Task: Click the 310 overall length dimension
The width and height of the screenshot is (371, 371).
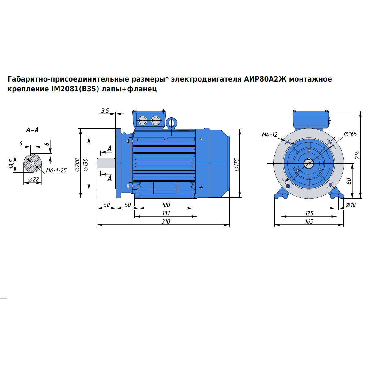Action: pos(166,221)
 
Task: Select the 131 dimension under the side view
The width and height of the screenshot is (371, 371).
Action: pos(166,213)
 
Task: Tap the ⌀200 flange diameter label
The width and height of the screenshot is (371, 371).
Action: pos(77,165)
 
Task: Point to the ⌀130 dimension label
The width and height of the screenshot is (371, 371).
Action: pos(86,165)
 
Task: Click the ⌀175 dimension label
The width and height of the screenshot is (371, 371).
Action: pos(236,165)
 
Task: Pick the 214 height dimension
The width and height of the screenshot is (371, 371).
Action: pos(357,155)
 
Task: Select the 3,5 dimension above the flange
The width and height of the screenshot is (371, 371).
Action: pos(105,110)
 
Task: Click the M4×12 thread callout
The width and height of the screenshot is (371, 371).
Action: pos(269,135)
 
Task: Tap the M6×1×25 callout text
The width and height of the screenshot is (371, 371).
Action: pos(56,170)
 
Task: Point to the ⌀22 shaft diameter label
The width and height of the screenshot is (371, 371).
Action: pos(33,179)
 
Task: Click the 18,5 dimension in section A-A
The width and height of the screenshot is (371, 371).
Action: pos(12,164)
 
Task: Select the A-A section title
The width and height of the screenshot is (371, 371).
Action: pos(32,130)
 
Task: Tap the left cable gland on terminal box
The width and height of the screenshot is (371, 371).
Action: pos(143,121)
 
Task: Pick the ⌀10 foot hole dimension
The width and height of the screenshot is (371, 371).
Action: pos(351,205)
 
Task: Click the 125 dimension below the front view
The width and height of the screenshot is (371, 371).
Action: pos(309,213)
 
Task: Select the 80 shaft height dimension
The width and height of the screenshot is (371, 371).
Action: pos(349,181)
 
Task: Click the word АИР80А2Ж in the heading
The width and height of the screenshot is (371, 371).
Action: pos(265,79)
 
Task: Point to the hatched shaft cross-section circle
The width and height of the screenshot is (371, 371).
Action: pos(33,163)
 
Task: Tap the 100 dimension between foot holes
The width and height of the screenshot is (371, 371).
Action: pos(166,205)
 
